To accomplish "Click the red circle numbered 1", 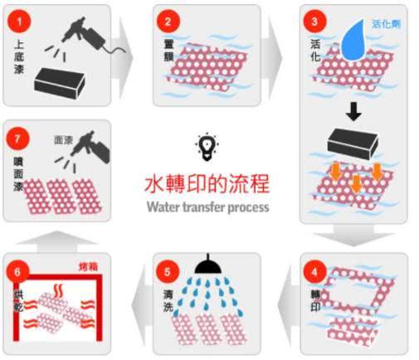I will [x=18, y=19].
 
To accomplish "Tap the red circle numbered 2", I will [x=168, y=19].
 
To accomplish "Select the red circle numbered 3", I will [x=314, y=19].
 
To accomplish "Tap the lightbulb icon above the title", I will [x=204, y=147].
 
